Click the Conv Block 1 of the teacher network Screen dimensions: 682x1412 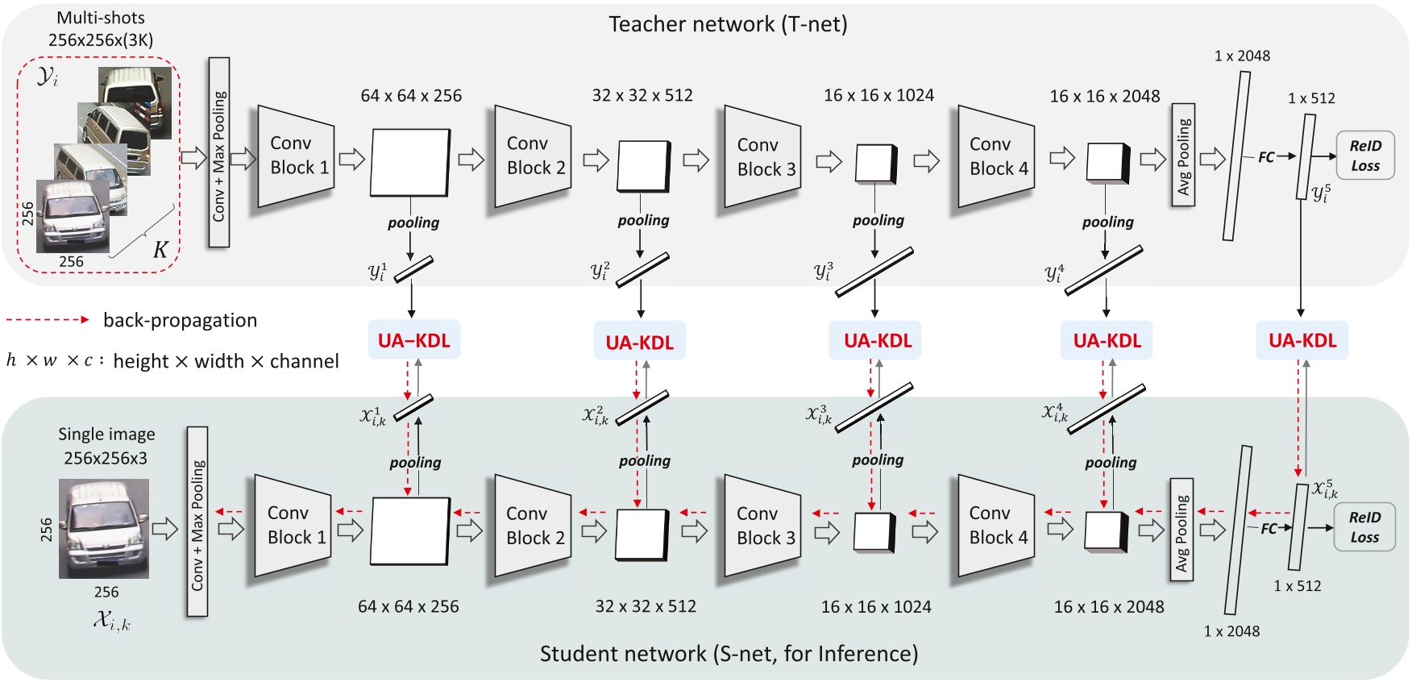[x=296, y=156]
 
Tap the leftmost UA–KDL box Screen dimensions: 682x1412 [x=414, y=340]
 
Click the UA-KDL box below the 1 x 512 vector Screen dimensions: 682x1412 [x=1302, y=340]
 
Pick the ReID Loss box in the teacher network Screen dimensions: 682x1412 [x=1364, y=156]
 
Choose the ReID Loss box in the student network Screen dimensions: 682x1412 [x=1364, y=527]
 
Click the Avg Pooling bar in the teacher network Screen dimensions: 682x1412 [x=1182, y=155]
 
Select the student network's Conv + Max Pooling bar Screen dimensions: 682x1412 [x=197, y=522]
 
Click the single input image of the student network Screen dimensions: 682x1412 [x=103, y=528]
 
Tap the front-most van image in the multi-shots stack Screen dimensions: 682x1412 [x=73, y=215]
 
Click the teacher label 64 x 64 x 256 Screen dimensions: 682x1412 [x=411, y=96]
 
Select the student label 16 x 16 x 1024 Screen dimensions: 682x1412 [x=875, y=607]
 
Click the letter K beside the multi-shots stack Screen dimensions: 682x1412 [x=160, y=250]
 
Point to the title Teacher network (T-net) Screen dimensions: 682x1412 [x=727, y=24]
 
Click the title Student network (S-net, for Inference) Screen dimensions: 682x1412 [x=729, y=654]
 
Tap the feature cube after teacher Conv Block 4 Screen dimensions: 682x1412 [x=1107, y=163]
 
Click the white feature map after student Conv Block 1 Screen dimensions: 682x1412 [x=409, y=530]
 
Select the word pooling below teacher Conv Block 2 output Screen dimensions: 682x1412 [x=643, y=220]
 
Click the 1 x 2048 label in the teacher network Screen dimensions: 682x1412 [x=1241, y=56]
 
